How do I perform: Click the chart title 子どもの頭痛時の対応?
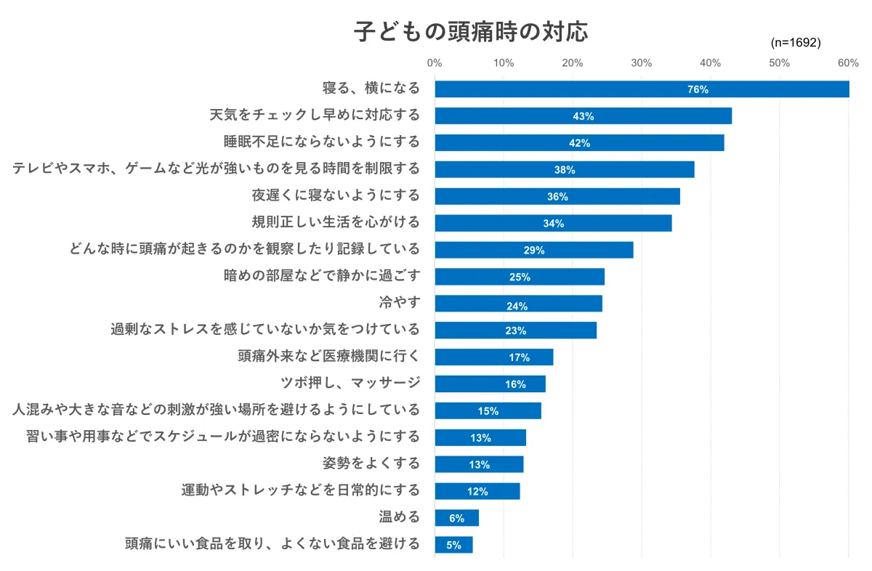(471, 31)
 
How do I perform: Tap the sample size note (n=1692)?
(795, 43)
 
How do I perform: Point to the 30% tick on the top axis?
(642, 63)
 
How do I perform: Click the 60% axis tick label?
(848, 63)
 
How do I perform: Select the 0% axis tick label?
(435, 63)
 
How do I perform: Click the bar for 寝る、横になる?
(642, 89)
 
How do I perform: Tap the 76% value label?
(698, 89)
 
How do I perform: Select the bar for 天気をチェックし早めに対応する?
(583, 116)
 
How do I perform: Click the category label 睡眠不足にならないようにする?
(322, 141)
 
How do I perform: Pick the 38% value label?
(565, 170)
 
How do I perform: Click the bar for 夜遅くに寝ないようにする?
(557, 196)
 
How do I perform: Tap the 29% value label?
(534, 250)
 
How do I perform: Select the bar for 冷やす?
(518, 303)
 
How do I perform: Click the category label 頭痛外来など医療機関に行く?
(328, 356)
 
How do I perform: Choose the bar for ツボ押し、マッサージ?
(490, 384)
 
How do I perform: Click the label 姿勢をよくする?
(371, 463)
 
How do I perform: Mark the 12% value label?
(477, 491)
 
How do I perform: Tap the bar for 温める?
(456, 517)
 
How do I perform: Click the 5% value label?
(453, 545)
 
